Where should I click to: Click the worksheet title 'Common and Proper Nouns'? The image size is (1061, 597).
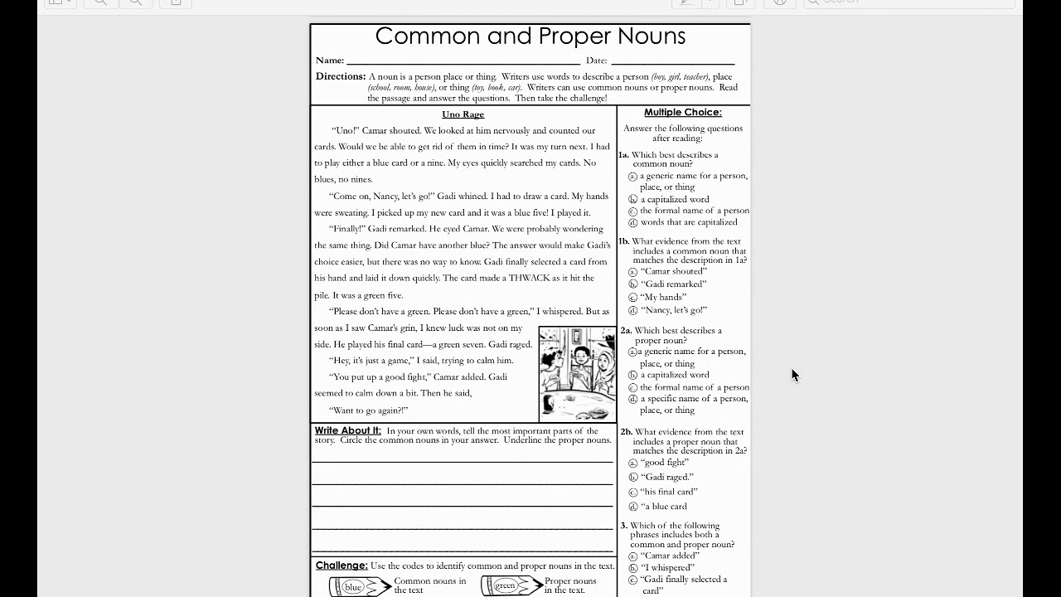pos(530,36)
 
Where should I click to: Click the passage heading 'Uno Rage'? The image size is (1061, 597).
pos(463,114)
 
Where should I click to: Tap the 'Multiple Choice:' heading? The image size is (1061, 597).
pos(683,112)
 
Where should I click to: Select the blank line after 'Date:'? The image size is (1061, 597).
pos(672,61)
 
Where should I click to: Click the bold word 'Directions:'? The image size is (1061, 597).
pos(340,76)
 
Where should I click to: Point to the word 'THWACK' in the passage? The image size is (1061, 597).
pos(529,278)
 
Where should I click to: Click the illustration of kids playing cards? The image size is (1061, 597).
pos(577,373)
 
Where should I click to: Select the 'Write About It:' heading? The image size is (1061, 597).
pos(347,430)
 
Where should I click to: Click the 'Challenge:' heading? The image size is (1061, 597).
pos(341,565)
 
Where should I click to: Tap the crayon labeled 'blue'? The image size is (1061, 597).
pos(358,586)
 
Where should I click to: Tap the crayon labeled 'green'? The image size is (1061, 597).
pos(510,585)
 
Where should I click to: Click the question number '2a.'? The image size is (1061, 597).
pos(627,331)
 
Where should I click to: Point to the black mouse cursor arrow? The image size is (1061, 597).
pos(794,375)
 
